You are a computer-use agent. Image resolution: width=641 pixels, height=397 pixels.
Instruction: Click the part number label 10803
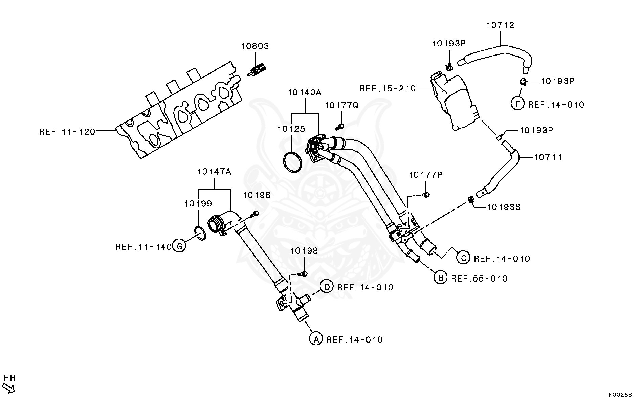tap(255, 46)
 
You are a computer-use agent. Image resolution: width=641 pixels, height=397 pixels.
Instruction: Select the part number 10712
tap(500, 25)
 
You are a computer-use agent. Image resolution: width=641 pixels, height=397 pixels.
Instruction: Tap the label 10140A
tap(304, 92)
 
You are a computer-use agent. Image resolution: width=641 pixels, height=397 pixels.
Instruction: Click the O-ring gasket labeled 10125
tap(292, 162)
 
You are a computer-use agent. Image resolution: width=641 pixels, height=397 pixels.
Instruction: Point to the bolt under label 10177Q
tap(340, 127)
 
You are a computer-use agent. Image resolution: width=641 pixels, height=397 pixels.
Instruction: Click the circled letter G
tap(179, 246)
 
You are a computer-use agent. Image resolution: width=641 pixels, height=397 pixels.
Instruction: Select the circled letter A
tap(316, 339)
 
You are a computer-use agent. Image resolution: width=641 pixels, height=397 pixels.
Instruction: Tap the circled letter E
tap(517, 104)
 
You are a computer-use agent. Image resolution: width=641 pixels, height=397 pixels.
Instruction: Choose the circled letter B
tap(440, 278)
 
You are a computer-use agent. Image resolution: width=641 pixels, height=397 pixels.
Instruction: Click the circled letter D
tap(327, 287)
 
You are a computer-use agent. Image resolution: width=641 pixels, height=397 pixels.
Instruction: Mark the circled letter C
tap(463, 258)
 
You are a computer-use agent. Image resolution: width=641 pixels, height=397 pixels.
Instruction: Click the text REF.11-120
tap(67, 132)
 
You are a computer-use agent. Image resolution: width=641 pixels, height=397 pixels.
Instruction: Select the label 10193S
tap(503, 207)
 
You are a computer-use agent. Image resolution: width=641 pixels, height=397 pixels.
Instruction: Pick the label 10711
tap(548, 157)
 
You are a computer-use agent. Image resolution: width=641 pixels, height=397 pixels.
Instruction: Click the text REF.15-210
tap(388, 88)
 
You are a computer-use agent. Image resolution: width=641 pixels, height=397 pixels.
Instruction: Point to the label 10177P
tap(425, 175)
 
